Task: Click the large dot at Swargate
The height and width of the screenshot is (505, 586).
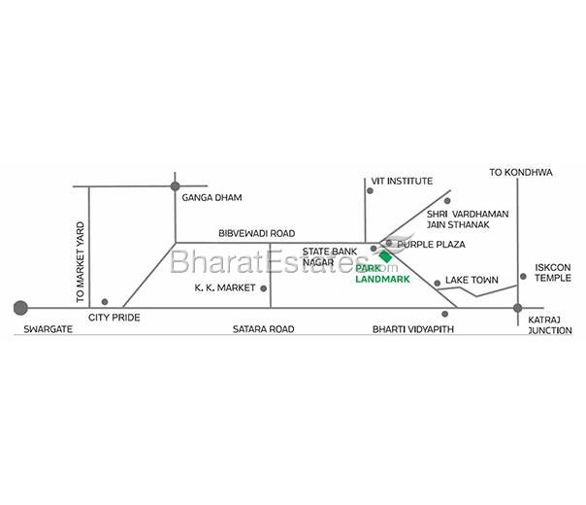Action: [x=19, y=308]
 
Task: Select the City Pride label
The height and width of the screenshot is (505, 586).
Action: [x=114, y=318]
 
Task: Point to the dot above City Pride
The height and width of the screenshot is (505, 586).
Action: [x=105, y=301]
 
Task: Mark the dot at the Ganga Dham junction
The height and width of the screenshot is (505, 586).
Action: [x=176, y=185]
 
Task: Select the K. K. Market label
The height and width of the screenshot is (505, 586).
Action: [x=224, y=288]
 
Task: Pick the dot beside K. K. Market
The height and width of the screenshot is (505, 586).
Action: [x=263, y=287]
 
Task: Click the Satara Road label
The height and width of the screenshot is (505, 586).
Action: [x=263, y=330]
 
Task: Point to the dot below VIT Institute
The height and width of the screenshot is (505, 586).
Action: [x=367, y=190]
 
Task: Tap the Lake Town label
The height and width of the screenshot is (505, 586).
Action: [x=472, y=281]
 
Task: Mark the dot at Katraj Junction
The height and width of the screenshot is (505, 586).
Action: [x=514, y=309]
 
